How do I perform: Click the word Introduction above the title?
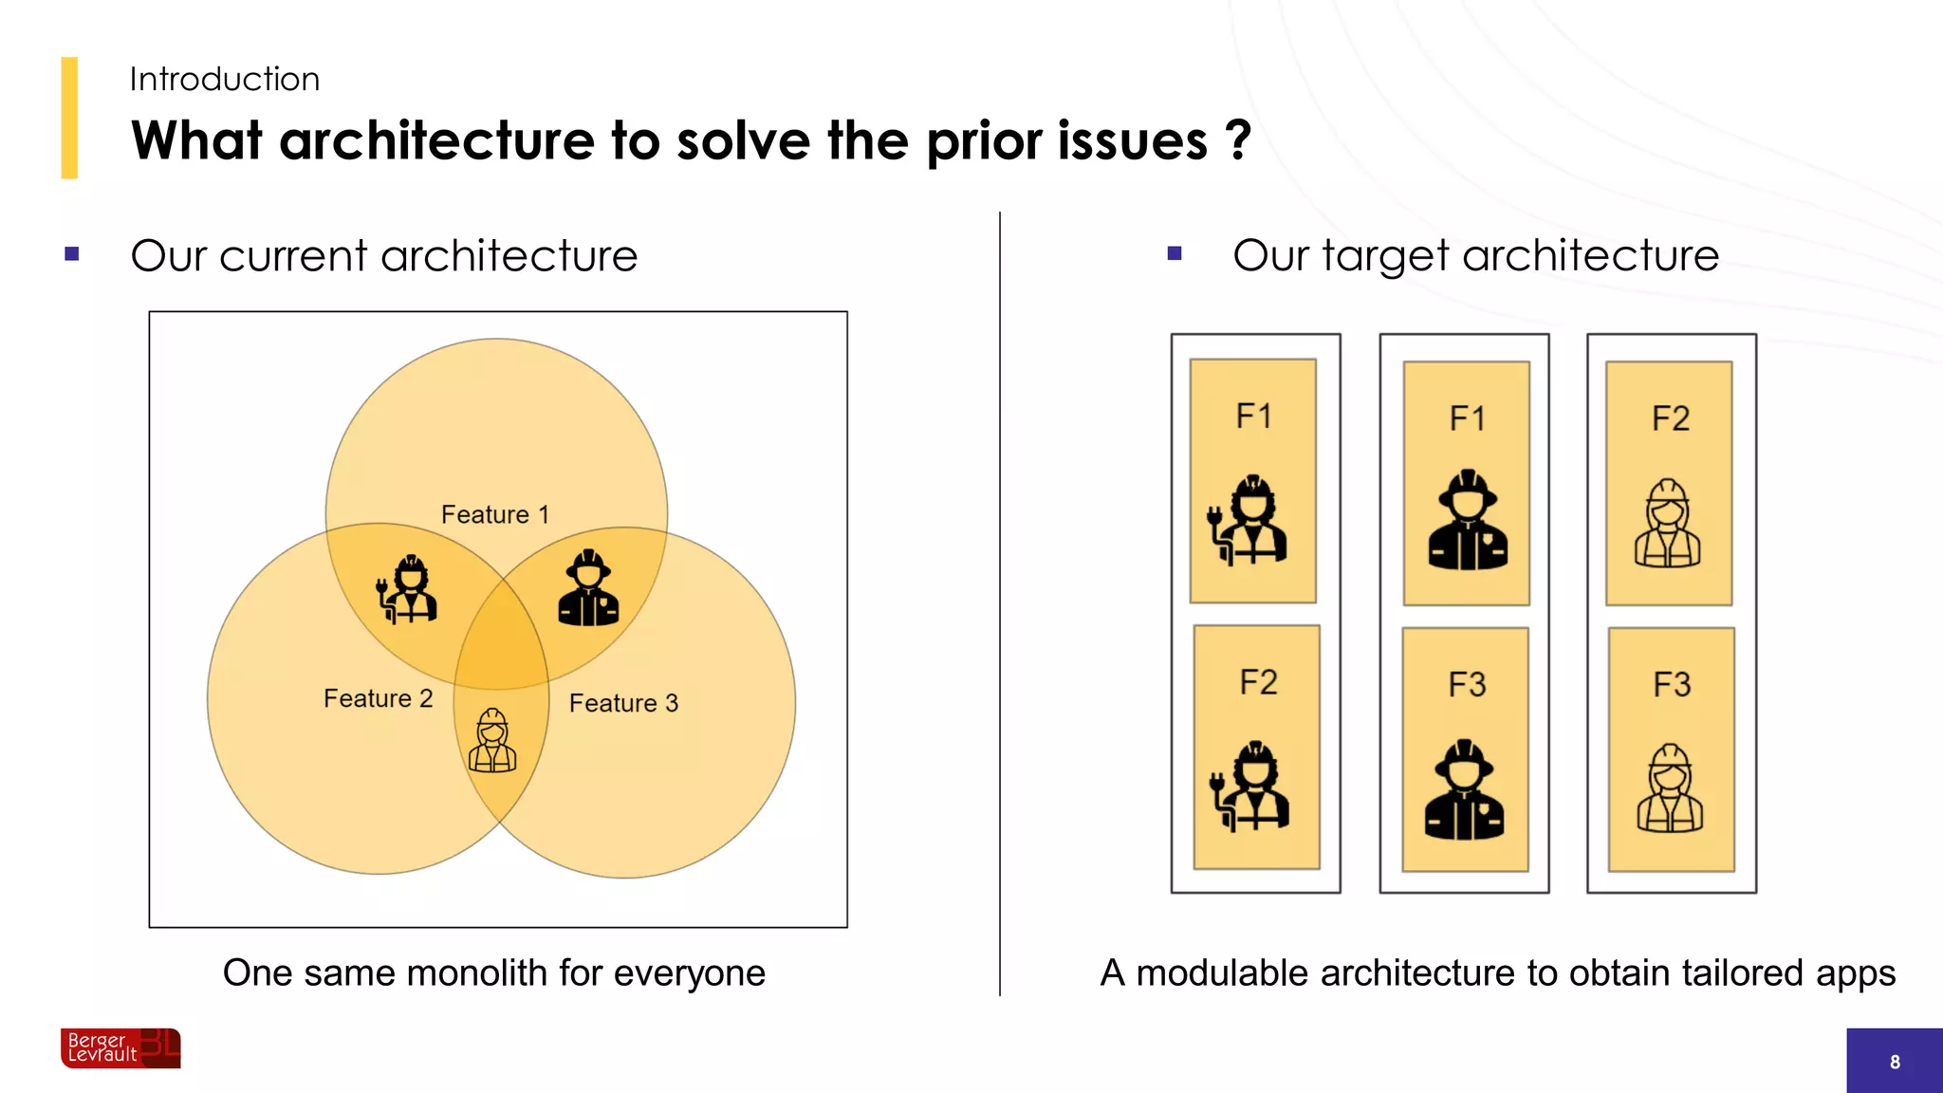point(224,79)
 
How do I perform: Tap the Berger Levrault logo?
point(120,1047)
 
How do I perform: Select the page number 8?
point(1894,1062)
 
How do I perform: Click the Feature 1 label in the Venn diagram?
point(494,514)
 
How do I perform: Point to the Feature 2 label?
point(378,698)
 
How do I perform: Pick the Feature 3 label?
point(623,703)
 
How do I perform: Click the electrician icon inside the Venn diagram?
point(407,589)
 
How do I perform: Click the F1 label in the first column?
point(1253,416)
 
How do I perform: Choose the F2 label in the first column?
point(1258,682)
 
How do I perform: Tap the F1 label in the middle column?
point(1467,418)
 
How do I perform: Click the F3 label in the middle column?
point(1467,684)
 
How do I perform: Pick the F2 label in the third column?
point(1670,418)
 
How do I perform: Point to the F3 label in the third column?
point(1672,684)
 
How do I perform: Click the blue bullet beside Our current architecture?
point(71,254)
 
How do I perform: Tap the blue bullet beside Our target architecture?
point(1175,254)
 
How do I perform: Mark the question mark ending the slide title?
point(1238,140)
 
